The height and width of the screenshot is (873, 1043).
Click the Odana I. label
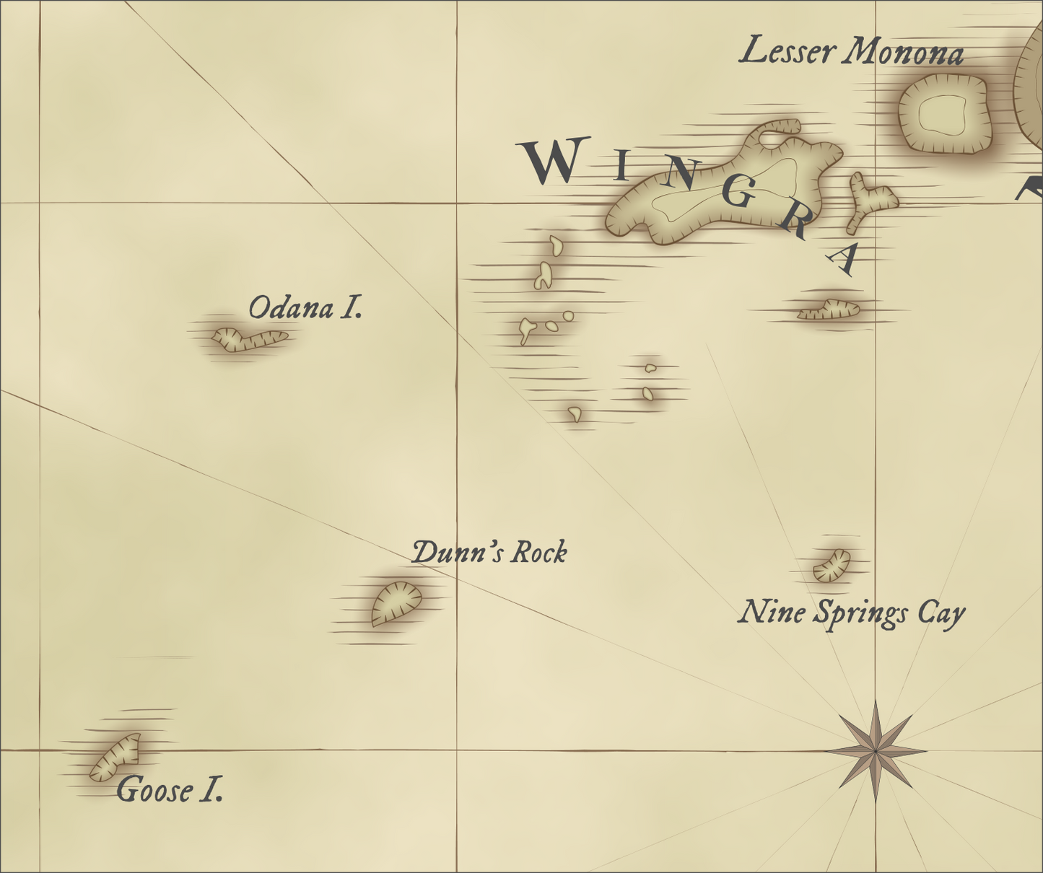coord(305,308)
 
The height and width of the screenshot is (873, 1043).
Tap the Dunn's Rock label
coord(489,553)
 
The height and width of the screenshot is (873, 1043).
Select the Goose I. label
coord(170,790)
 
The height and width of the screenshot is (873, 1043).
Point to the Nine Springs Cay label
coord(851,613)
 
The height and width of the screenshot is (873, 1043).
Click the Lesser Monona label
coord(851,52)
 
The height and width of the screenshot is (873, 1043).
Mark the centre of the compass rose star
coord(876,751)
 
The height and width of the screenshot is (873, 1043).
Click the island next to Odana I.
coord(248,339)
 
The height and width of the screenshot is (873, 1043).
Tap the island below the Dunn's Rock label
coord(396,603)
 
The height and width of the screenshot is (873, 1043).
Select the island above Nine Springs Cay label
coord(832,565)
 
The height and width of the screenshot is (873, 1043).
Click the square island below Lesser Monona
coord(943,114)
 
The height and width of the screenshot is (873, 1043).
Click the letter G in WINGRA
coord(738,193)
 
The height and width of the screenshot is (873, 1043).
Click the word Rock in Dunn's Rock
coord(539,553)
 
